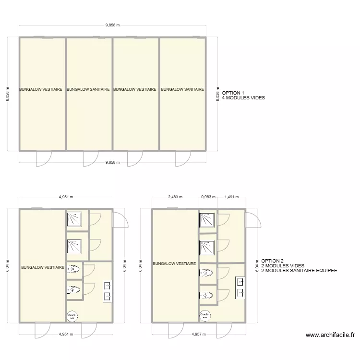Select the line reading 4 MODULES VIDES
point(243,98)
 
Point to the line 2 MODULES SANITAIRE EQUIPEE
point(299,271)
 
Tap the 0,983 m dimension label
point(208,197)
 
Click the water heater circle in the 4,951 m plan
point(72,315)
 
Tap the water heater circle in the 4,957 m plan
point(204,315)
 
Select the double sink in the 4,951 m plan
point(107,291)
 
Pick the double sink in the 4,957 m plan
point(240,287)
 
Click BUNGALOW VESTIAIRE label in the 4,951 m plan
point(42,267)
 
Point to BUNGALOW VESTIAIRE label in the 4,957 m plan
point(174,264)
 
